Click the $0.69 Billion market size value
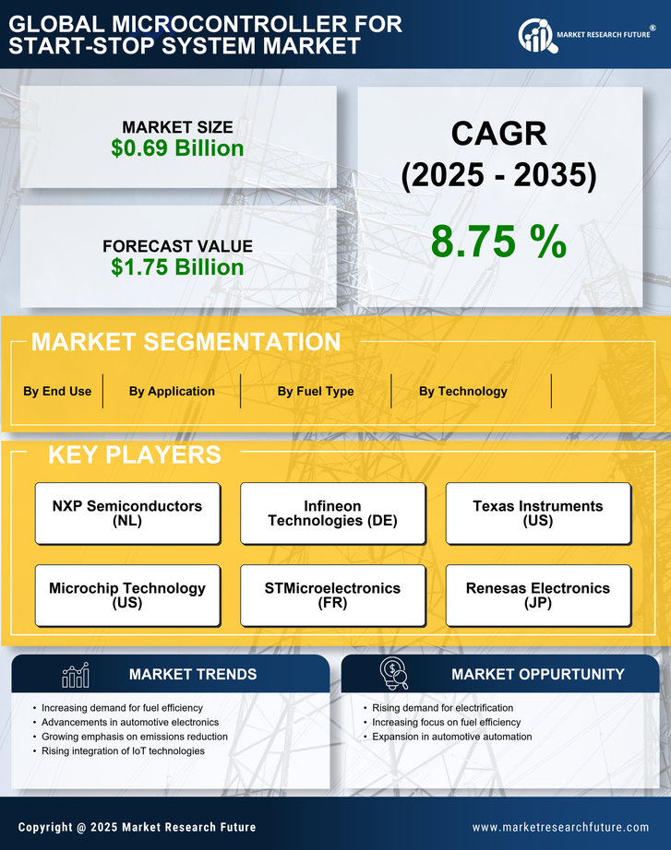[177, 148]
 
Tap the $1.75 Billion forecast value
[177, 267]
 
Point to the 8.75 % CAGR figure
[498, 242]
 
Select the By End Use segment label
[57, 391]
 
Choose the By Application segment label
[172, 391]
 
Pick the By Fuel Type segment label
[316, 391]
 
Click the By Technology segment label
[462, 391]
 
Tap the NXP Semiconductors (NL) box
[127, 514]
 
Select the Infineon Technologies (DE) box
[332, 514]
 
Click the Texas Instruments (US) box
[538, 514]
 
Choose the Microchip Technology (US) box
[127, 596]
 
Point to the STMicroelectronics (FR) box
[332, 596]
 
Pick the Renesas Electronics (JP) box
[538, 596]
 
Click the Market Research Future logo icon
[535, 35]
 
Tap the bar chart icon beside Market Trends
[75, 675]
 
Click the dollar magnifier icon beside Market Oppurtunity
[394, 674]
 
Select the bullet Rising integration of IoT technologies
[123, 751]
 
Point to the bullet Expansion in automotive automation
[451, 737]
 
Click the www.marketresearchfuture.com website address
[560, 827]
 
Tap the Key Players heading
[134, 455]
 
